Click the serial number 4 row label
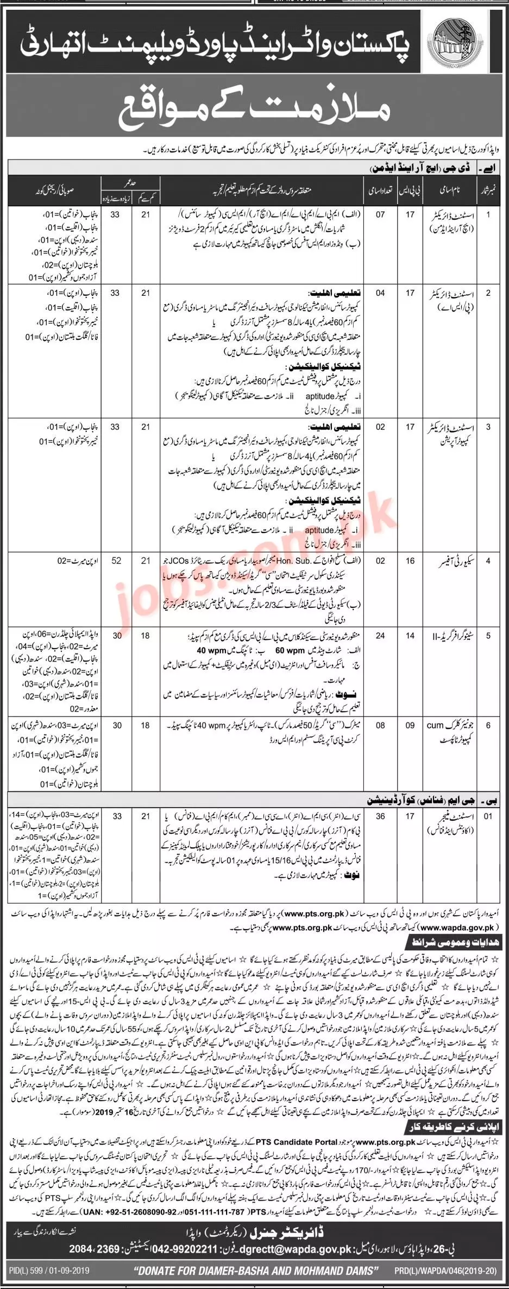click(488, 561)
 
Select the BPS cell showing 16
click(410, 561)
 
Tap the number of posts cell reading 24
click(380, 636)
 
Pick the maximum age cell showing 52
click(116, 561)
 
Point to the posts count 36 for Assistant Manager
click(380, 816)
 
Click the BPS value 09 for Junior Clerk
click(410, 725)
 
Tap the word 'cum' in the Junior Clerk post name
click(435, 725)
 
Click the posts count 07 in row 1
click(380, 215)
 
